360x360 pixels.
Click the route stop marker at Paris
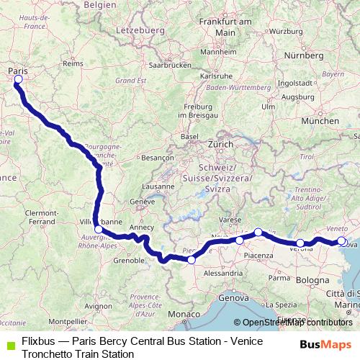(18, 80)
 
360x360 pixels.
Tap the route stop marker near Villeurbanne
(99, 230)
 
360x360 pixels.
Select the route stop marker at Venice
(342, 241)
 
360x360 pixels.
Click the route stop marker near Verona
(300, 243)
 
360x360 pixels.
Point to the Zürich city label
(220, 144)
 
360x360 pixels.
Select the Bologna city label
(312, 279)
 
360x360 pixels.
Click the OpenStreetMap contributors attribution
(297, 323)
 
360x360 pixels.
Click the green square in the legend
(9, 341)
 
